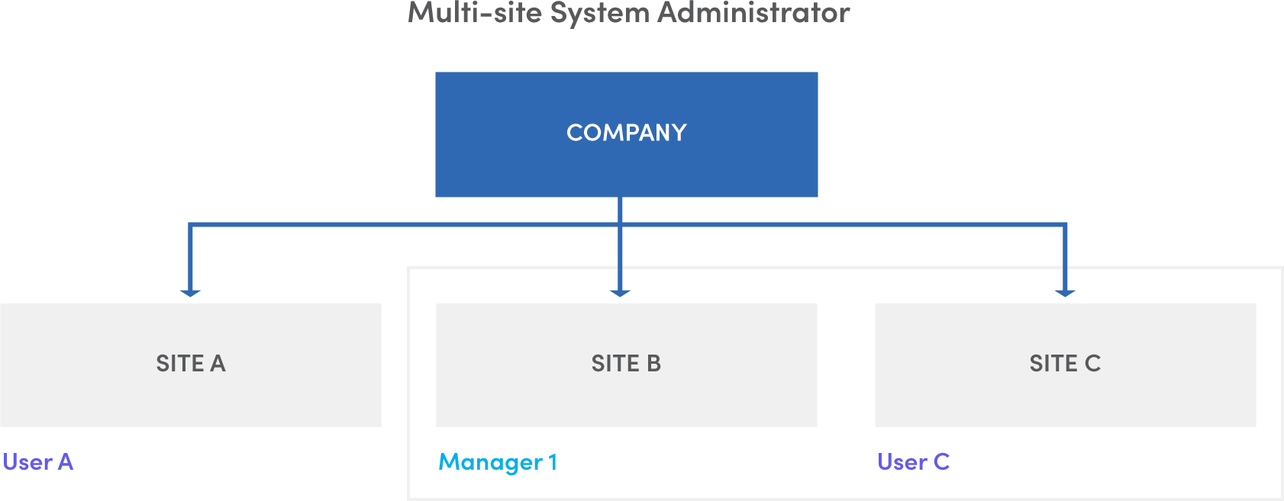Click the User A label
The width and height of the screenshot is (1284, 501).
pyautogui.click(x=38, y=462)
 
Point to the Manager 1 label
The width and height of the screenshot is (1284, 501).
pyautogui.click(x=498, y=462)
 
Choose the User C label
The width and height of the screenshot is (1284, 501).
pyautogui.click(x=914, y=462)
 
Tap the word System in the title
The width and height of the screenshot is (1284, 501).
pyautogui.click(x=599, y=13)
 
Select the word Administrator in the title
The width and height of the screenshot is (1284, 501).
pyautogui.click(x=753, y=13)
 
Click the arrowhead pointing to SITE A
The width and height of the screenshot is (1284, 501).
pyautogui.click(x=190, y=292)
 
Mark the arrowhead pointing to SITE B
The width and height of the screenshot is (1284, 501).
pyautogui.click(x=620, y=292)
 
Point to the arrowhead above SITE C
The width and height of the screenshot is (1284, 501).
pyautogui.click(x=1065, y=292)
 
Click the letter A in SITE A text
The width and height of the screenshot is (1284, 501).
pyautogui.click(x=218, y=364)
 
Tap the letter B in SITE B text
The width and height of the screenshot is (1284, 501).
pyautogui.click(x=654, y=364)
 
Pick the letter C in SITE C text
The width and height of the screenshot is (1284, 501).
pyautogui.click(x=1093, y=364)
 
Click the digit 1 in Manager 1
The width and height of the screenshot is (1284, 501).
pyautogui.click(x=553, y=462)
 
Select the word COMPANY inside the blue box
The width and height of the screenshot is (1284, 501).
pyautogui.click(x=626, y=133)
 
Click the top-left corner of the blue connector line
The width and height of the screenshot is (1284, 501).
pyautogui.click(x=190, y=225)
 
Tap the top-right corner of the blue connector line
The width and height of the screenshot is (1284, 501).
pyautogui.click(x=1065, y=225)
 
